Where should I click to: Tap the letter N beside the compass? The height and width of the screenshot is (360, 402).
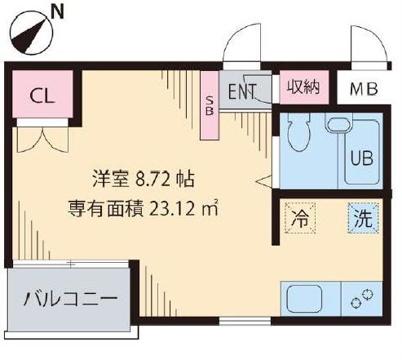pyautogui.click(x=57, y=11)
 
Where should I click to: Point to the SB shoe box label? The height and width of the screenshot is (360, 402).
pyautogui.click(x=210, y=105)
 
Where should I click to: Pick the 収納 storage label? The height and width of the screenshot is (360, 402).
pyautogui.click(x=302, y=87)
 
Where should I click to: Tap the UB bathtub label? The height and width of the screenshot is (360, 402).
pyautogui.click(x=361, y=158)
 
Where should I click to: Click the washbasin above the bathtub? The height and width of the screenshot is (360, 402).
pyautogui.click(x=338, y=125)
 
